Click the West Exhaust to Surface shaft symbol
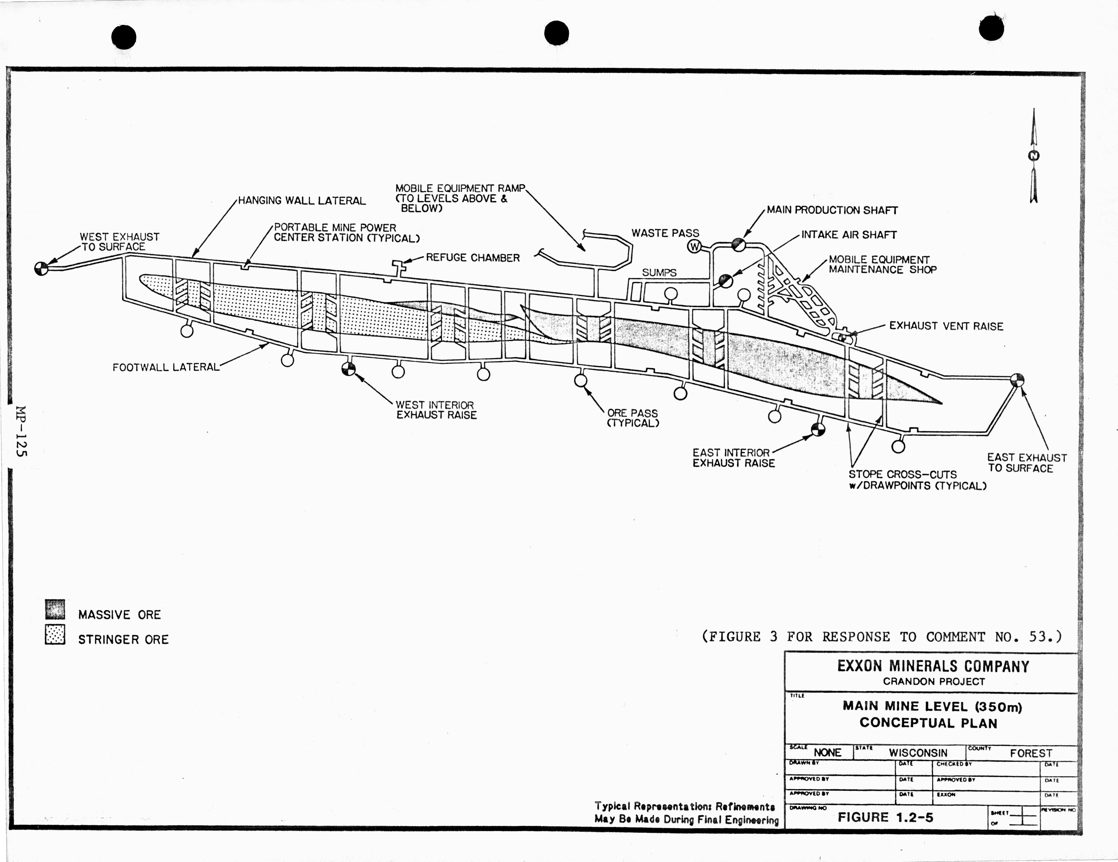click(41, 268)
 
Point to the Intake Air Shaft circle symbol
click(725, 280)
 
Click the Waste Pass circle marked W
click(694, 246)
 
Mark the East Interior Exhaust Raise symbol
click(818, 429)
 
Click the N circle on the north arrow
click(1034, 156)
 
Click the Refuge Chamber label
click(472, 258)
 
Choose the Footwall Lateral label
click(165, 367)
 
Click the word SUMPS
click(659, 273)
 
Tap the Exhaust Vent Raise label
click(946, 326)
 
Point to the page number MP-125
click(21, 431)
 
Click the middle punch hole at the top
click(556, 33)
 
